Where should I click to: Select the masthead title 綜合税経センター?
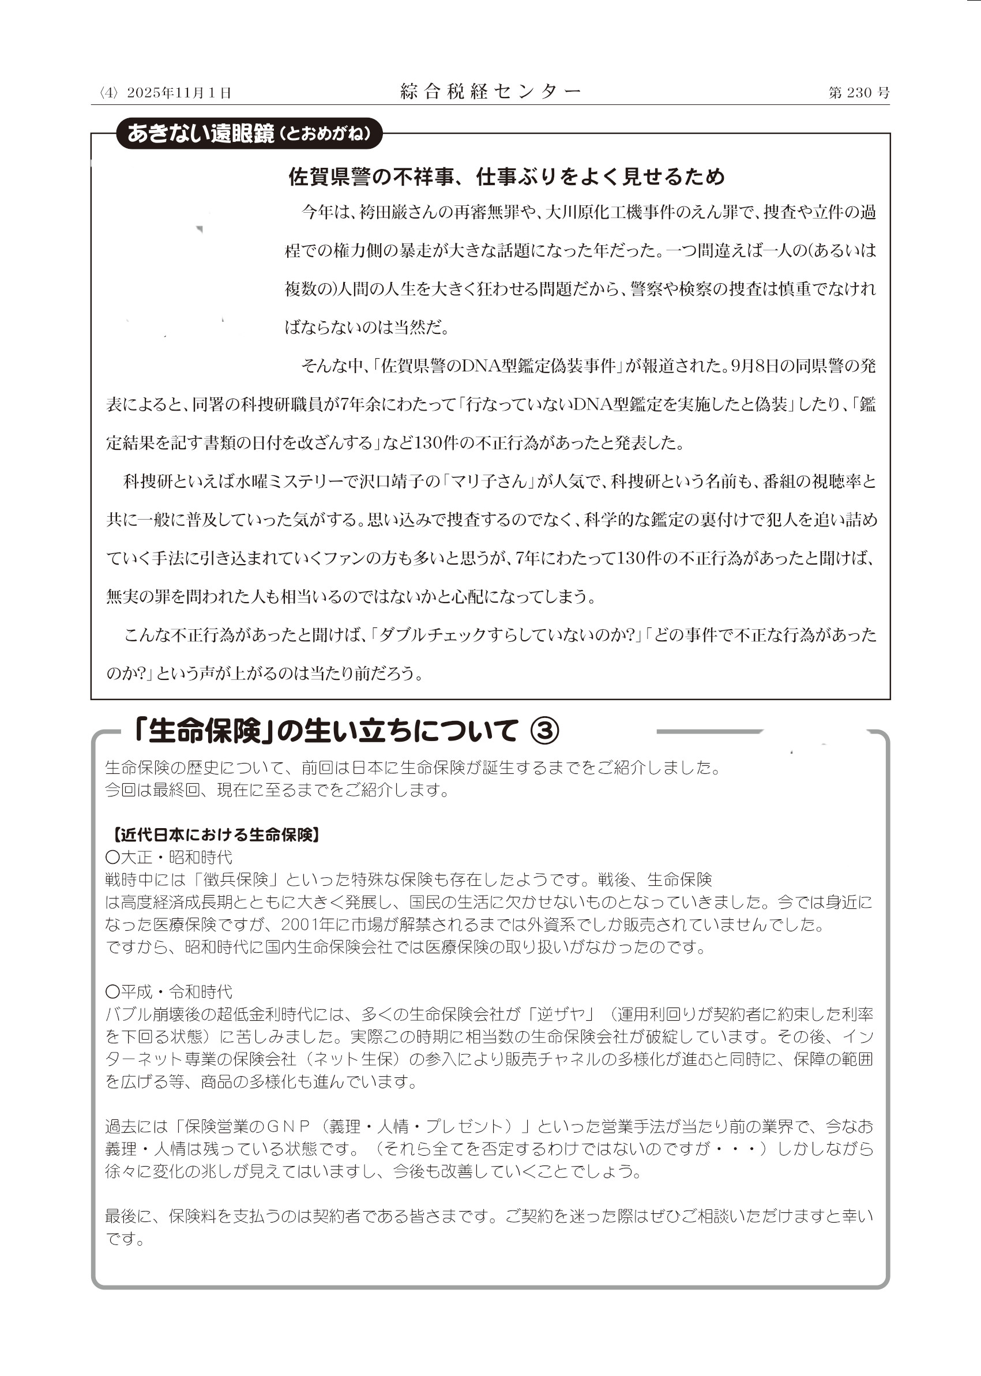(490, 91)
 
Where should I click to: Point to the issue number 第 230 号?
(858, 92)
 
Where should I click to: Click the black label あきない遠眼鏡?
(201, 133)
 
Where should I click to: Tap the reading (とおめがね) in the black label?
(324, 134)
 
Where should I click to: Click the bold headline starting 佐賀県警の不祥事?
(506, 176)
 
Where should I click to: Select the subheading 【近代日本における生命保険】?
(215, 836)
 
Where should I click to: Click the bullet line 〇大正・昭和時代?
(168, 858)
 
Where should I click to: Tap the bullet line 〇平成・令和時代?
(168, 992)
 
